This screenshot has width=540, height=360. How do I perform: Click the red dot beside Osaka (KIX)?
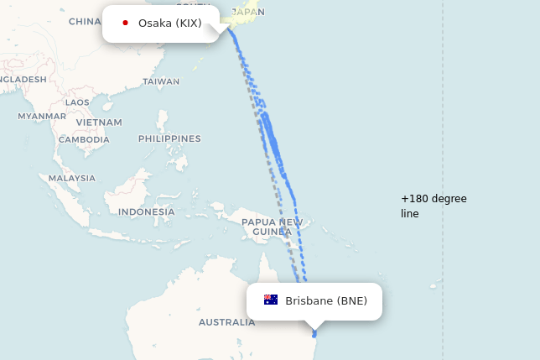point(125,23)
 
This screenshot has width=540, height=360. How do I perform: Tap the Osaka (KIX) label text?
point(169,23)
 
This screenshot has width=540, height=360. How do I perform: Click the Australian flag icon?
point(271,300)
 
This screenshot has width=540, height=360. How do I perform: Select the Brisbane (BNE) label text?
point(326,301)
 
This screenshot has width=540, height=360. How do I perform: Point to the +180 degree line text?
point(434,206)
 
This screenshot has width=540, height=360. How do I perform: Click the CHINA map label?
point(85,21)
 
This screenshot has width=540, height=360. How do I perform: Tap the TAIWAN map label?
point(161,81)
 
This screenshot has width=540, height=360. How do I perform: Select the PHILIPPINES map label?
point(169,138)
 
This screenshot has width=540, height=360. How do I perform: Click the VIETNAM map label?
point(99,122)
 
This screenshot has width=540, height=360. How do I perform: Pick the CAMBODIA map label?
point(84,139)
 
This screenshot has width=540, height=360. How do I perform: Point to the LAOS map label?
point(77,102)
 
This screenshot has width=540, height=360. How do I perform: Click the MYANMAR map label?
point(41,116)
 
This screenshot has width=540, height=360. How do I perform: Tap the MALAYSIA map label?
point(71,178)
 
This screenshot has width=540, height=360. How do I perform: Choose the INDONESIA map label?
point(146,211)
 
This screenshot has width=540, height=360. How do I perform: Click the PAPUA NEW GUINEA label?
point(272,227)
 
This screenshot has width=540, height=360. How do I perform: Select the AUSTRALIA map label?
point(226,322)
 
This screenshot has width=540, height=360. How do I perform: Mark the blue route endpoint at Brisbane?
point(314,335)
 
